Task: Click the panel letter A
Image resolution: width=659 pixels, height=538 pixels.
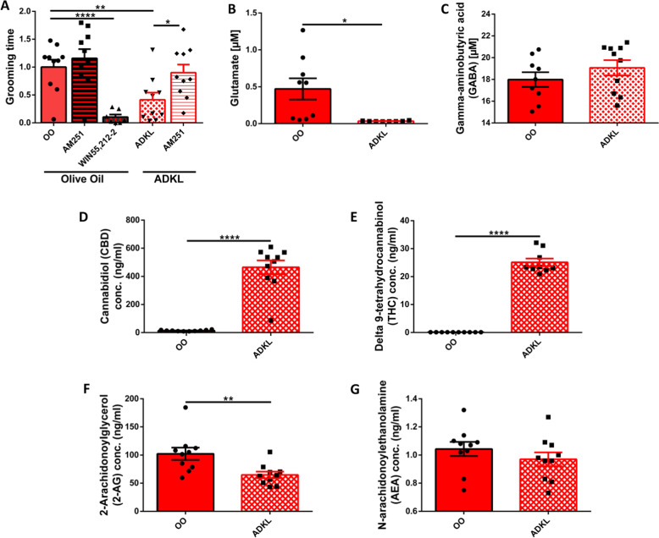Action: coord(8,8)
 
